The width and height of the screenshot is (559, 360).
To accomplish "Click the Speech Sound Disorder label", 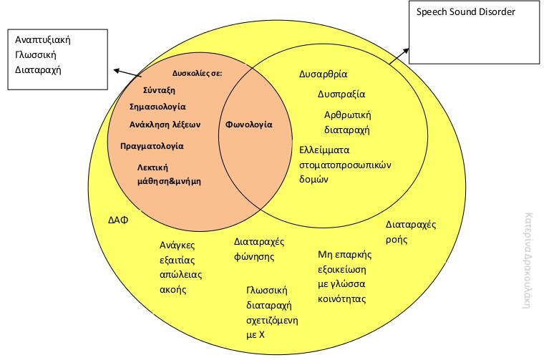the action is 466,12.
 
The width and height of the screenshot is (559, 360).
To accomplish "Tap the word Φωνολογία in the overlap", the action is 249,125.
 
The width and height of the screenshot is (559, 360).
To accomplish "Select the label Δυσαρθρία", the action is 323,74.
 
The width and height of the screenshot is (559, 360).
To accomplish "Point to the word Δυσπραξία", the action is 341,94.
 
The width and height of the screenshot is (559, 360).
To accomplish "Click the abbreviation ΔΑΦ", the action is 118,220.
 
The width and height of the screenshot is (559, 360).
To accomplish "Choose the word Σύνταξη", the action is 159,90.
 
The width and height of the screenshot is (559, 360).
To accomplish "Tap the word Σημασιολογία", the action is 157,107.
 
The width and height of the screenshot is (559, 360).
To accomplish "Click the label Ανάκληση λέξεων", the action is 165,125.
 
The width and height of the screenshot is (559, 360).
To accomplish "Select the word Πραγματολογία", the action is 152,146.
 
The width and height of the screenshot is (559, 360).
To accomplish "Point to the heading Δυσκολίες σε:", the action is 197,74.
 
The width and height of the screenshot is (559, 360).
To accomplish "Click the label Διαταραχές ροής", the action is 411,232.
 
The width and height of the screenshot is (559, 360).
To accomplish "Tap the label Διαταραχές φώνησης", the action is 259,249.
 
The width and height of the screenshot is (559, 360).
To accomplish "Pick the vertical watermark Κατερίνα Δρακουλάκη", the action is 528,261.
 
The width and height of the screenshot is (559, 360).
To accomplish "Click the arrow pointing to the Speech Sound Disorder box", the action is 399,57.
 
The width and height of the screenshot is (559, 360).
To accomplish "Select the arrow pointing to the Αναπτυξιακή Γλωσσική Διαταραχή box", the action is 127,73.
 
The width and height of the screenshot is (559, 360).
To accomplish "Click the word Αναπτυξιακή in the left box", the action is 43,40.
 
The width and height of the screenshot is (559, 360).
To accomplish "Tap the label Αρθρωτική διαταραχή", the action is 348,122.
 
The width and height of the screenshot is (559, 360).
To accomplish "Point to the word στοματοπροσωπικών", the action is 345,165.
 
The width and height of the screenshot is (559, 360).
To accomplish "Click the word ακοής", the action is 173,290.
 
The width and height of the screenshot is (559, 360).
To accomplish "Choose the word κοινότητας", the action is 342,299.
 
